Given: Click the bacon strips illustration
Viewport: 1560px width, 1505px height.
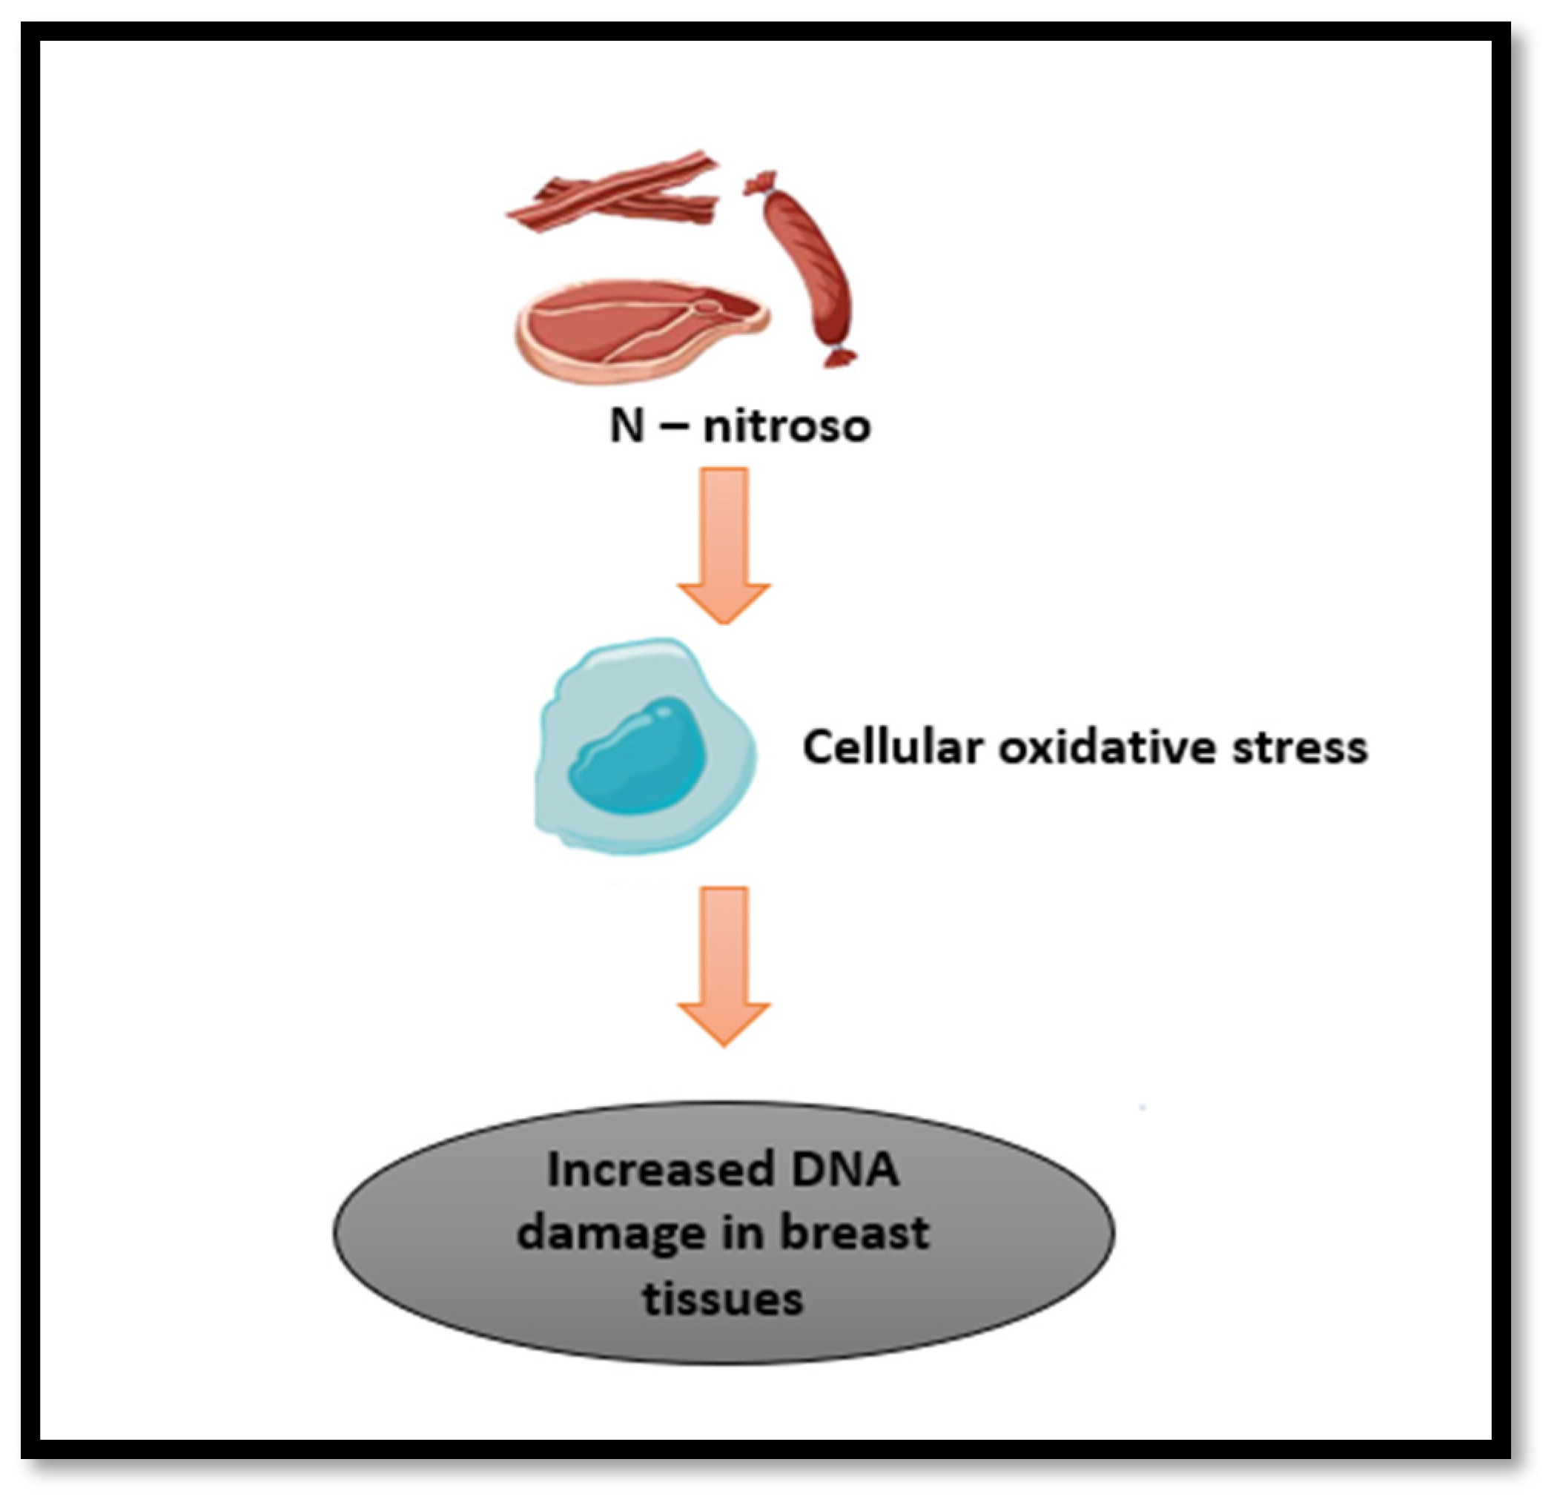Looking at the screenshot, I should [613, 193].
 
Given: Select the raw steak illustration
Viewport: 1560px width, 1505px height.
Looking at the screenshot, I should [637, 331].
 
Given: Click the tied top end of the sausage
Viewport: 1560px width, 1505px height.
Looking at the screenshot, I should [762, 184].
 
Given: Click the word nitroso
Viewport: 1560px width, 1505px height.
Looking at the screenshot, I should [787, 426].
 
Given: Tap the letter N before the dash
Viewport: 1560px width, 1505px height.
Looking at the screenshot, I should [627, 426].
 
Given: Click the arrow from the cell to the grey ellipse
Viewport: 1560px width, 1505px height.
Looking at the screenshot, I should [724, 964].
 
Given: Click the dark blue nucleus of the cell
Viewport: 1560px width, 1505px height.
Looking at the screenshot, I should [638, 756].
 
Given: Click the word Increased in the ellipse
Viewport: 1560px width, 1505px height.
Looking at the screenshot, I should [661, 1170].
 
